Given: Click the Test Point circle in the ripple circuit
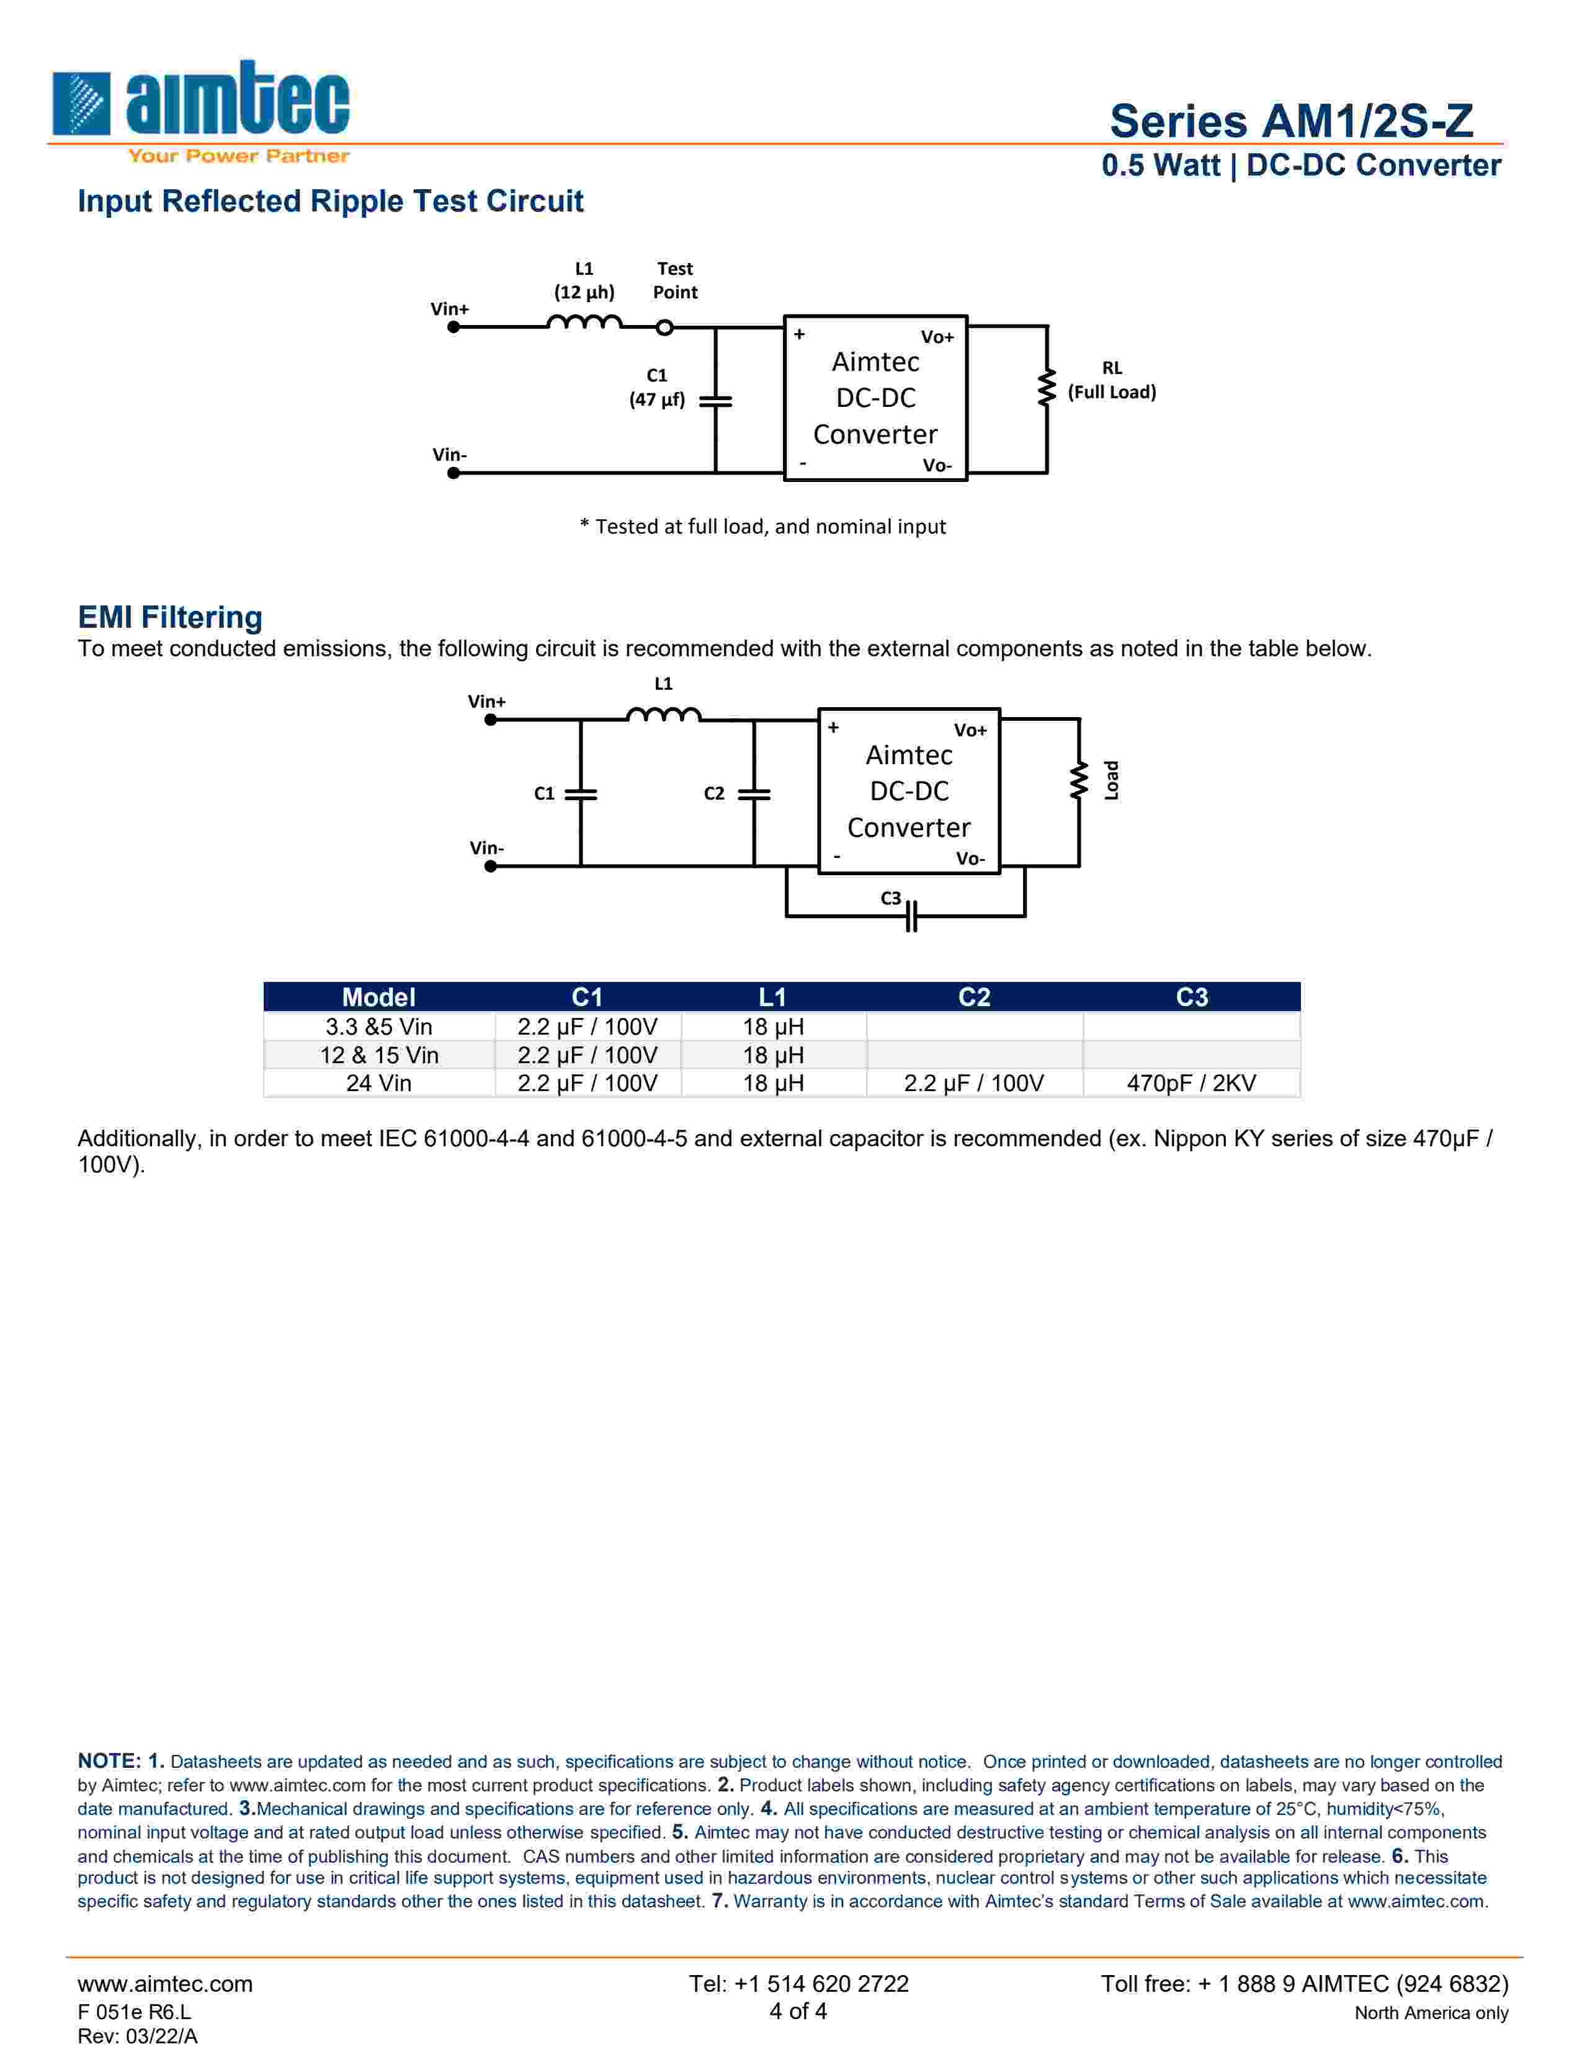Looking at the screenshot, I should click(x=664, y=327).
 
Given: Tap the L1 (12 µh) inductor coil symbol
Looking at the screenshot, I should click(x=584, y=323).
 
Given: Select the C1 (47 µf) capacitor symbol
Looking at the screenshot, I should click(x=715, y=400).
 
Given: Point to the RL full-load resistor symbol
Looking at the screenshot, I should click(x=1046, y=388).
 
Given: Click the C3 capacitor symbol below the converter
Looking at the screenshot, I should click(x=911, y=916).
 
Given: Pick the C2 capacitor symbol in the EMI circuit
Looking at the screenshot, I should click(x=754, y=794).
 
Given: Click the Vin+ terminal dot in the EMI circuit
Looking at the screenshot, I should click(x=490, y=720).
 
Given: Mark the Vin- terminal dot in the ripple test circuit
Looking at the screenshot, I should click(x=454, y=473).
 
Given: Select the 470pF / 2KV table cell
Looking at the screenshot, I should click(x=1191, y=1084).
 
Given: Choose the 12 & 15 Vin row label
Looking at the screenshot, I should click(x=378, y=1055).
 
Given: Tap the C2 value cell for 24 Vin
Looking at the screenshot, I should click(x=974, y=1084).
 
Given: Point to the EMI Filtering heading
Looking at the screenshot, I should click(x=169, y=618).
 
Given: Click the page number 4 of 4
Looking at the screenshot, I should click(x=798, y=2010).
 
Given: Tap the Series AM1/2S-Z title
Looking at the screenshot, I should click(x=1290, y=121).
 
